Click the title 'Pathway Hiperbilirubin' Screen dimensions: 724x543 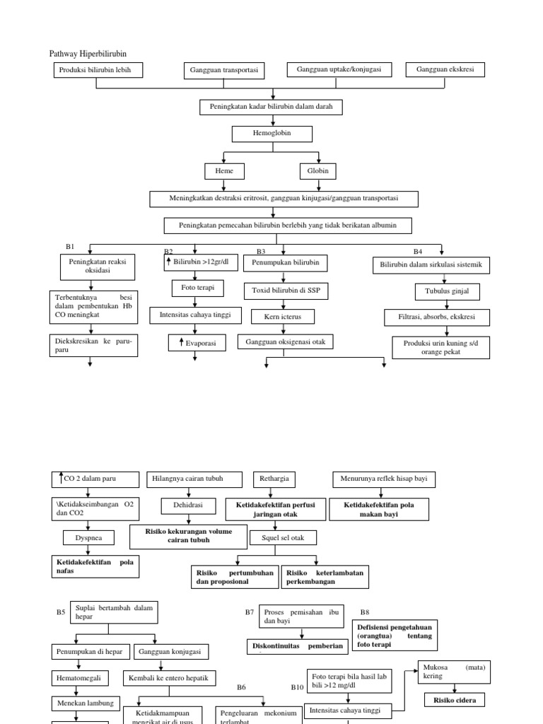pos(88,54)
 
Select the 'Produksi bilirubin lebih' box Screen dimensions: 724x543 pos(98,69)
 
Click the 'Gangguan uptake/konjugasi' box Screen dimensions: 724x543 pos(339,69)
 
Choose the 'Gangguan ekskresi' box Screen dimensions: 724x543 pos(445,69)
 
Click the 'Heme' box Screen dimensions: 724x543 pos(224,172)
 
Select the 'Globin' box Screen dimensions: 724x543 pos(318,172)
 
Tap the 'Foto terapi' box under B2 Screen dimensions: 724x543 pos(195,288)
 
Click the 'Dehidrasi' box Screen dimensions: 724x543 pos(187,506)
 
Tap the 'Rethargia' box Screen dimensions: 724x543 pos(275,479)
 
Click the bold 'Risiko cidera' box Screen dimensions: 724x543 pos(455,701)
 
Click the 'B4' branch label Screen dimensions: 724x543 pos(417,251)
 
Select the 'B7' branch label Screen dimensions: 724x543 pos(250,612)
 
